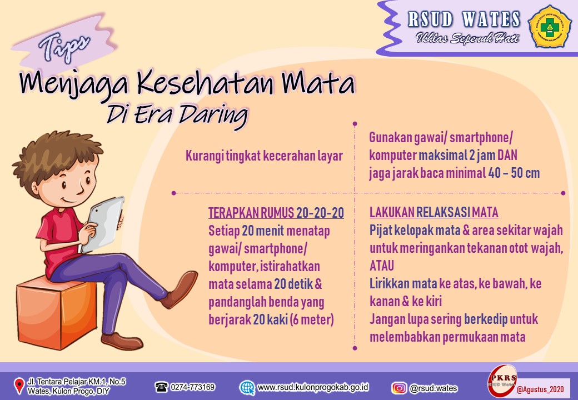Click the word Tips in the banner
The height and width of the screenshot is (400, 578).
pyautogui.click(x=64, y=47)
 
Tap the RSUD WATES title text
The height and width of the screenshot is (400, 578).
pyautogui.click(x=464, y=19)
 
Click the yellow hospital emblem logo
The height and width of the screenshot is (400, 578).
pyautogui.click(x=550, y=26)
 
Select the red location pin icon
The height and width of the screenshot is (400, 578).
pyautogui.click(x=19, y=386)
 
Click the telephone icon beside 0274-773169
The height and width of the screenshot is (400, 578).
pyautogui.click(x=161, y=387)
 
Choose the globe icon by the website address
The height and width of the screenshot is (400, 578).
pyautogui.click(x=247, y=387)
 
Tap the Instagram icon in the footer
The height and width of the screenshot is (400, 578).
pyautogui.click(x=398, y=388)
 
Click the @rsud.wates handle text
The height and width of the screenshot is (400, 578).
pyautogui.click(x=433, y=388)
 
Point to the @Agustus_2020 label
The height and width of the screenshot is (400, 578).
pyautogui.click(x=540, y=389)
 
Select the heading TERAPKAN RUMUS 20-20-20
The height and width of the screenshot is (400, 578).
pyautogui.click(x=276, y=213)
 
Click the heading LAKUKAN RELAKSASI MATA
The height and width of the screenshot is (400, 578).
pyautogui.click(x=434, y=212)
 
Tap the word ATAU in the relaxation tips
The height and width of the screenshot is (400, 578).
pyautogui.click(x=382, y=266)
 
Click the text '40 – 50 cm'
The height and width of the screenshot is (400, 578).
pyautogui.click(x=514, y=172)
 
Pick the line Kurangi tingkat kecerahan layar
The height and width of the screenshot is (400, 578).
pyautogui.click(x=265, y=156)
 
